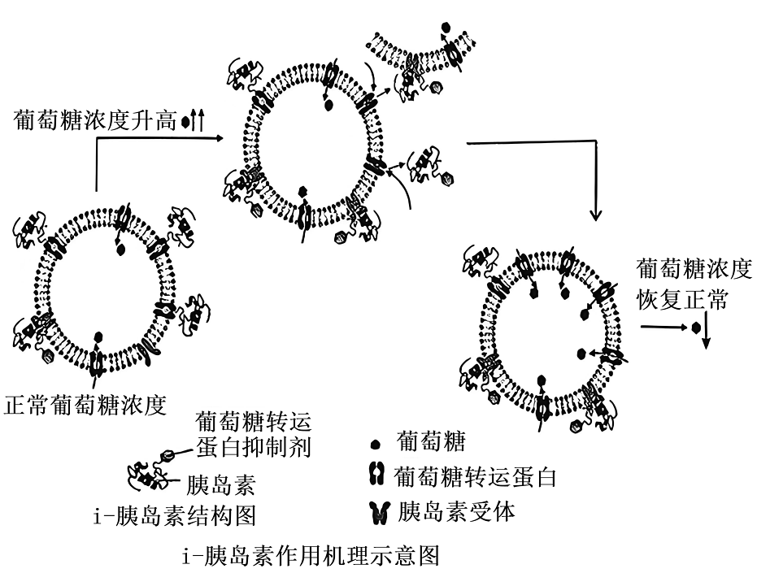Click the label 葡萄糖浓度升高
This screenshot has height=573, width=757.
[94, 120]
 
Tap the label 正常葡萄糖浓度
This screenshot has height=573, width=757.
[85, 404]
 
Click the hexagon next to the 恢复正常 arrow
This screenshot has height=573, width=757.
[695, 328]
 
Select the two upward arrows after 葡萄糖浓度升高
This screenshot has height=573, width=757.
[197, 120]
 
